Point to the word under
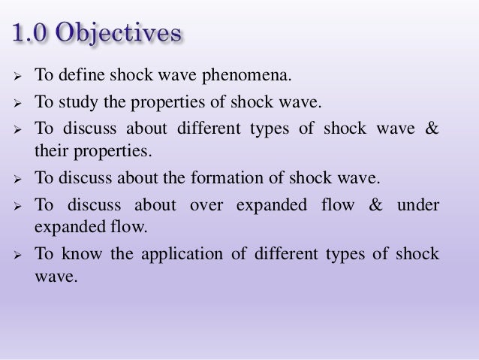click(417, 205)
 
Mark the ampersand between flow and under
click(374, 205)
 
